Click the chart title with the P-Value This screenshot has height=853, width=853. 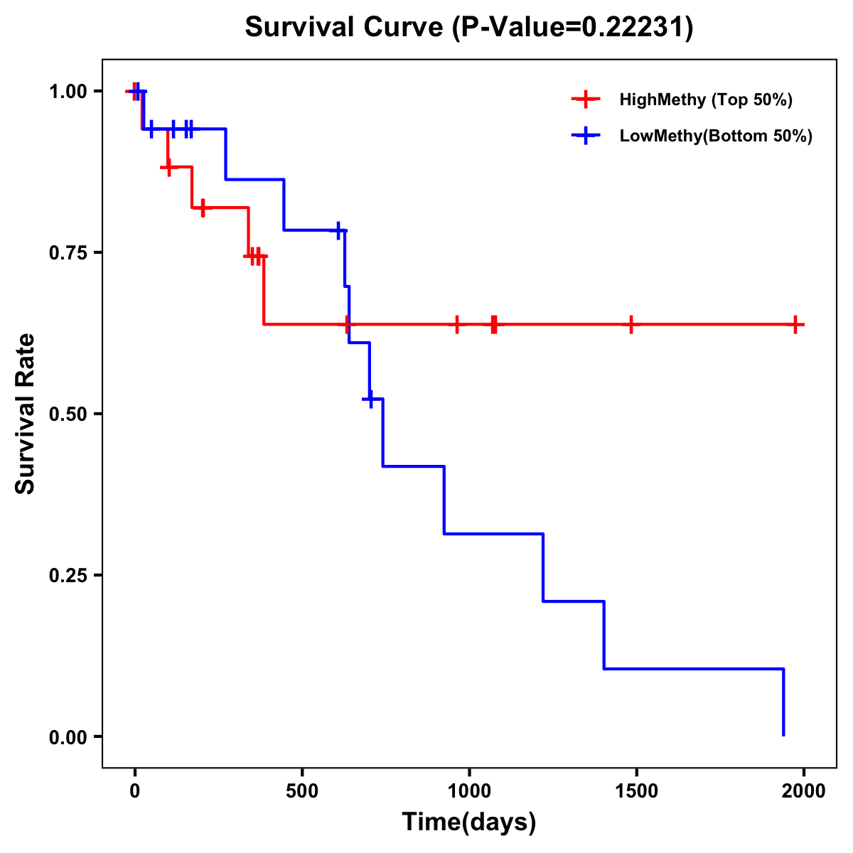click(x=469, y=27)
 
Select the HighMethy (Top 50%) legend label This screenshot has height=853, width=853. click(x=706, y=100)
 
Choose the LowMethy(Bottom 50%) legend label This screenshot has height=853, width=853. click(x=716, y=136)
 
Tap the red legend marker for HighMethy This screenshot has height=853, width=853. click(x=585, y=100)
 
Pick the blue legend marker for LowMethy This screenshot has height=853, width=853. click(x=585, y=136)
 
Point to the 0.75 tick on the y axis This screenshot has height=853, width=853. click(x=68, y=252)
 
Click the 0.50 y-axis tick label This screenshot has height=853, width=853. click(x=68, y=414)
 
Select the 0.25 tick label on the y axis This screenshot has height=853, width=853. click(x=68, y=575)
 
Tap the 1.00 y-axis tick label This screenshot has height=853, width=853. click(x=68, y=91)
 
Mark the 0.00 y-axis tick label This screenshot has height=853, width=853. click(x=68, y=736)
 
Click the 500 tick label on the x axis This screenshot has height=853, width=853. click(x=302, y=790)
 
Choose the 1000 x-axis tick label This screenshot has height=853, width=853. click(x=469, y=790)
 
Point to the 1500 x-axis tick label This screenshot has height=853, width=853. click(x=636, y=790)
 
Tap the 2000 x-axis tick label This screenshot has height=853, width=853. click(x=803, y=790)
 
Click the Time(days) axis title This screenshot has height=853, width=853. click(x=469, y=822)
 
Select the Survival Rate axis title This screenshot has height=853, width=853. click(x=26, y=414)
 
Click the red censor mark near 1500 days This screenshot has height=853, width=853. click(x=631, y=324)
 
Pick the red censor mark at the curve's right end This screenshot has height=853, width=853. click(x=795, y=324)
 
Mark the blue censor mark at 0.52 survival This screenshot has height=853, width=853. click(x=370, y=399)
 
